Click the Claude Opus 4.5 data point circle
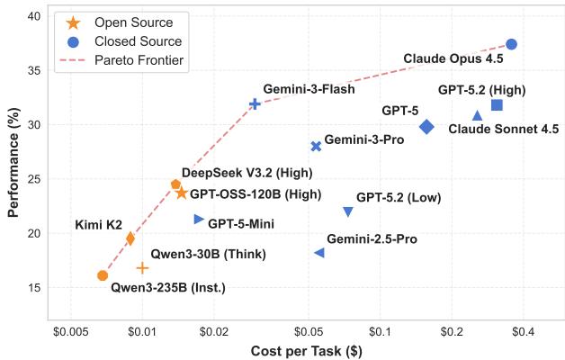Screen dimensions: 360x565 point(511,44)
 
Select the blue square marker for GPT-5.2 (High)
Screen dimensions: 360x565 point(497,105)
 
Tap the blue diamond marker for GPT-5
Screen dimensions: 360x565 point(426,127)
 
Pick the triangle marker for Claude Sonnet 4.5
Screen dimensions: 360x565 point(478,115)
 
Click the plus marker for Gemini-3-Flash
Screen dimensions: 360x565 point(255,103)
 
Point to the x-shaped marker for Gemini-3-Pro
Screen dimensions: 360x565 point(316,146)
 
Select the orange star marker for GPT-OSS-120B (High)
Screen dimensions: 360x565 point(182,193)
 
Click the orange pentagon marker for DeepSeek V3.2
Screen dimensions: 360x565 point(176,184)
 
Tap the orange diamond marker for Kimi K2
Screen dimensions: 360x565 point(130,238)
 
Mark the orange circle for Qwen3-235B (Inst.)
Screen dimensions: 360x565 point(103,275)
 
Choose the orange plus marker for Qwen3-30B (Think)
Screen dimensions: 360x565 point(142,268)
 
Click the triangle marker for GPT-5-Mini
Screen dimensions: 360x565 point(199,219)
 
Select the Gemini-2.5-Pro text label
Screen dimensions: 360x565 point(372,239)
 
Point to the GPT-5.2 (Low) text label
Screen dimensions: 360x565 point(398,197)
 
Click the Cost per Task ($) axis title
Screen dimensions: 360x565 point(306,350)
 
